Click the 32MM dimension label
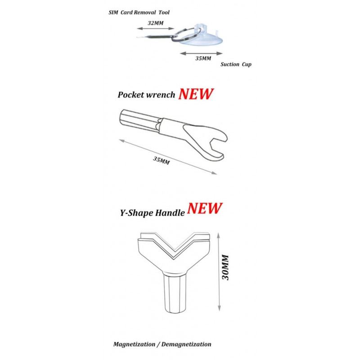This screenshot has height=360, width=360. point(156,23)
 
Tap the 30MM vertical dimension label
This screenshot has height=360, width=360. point(225,267)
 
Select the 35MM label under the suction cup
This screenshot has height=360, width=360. point(203,58)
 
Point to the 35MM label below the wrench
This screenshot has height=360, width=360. point(162,160)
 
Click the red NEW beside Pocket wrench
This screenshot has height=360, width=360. point(196,94)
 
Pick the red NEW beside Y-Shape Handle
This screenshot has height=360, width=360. point(205,208)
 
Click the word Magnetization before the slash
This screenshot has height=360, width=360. point(134,344)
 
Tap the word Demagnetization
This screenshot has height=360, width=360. point(186,344)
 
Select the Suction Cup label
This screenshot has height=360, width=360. point(236,64)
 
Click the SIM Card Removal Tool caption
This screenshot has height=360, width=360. point(139,13)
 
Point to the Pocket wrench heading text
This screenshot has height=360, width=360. point(146,95)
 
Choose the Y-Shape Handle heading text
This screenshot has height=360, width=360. point(152,213)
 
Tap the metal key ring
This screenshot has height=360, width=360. point(186,34)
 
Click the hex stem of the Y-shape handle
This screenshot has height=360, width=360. point(175,293)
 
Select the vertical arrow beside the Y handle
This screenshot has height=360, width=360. point(219,272)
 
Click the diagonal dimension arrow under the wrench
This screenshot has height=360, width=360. point(168,157)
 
